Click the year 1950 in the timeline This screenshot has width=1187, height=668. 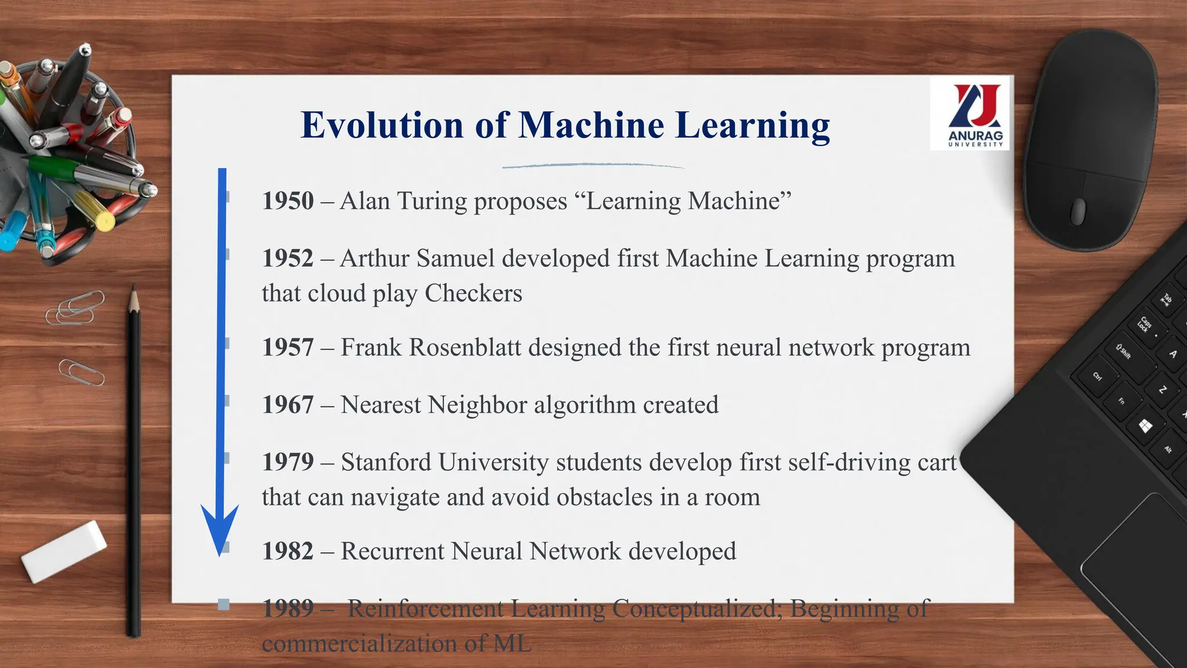point(287,201)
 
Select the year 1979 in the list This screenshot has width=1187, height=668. point(287,463)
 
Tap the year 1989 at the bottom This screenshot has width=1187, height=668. point(287,608)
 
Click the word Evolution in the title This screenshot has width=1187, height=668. point(381,125)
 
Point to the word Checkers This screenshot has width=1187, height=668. point(473,293)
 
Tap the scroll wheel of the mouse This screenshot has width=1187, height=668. point(1077,211)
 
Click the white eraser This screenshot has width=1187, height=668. point(64,551)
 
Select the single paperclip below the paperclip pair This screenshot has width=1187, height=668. point(81,372)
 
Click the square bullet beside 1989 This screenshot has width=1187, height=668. point(224,605)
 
